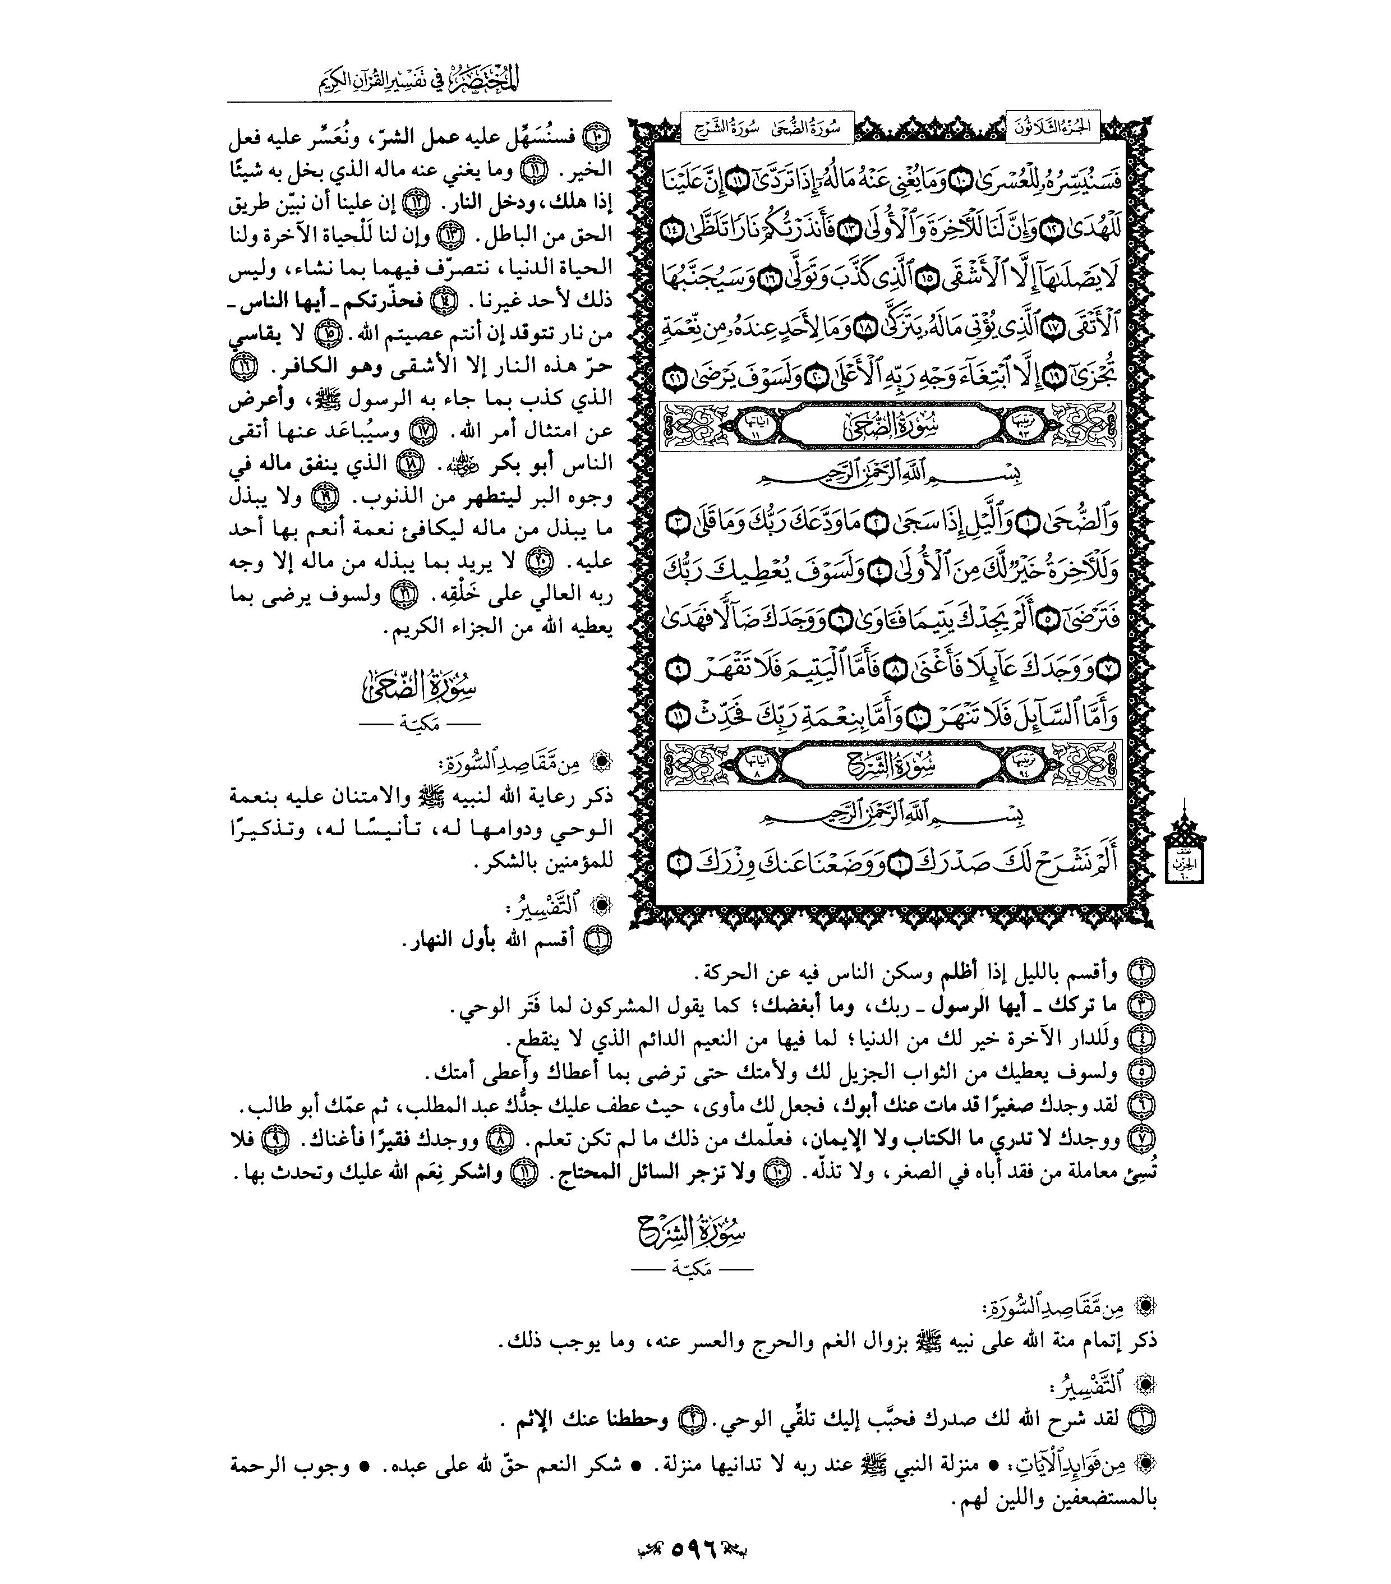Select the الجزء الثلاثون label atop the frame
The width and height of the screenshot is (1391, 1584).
click(1051, 127)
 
